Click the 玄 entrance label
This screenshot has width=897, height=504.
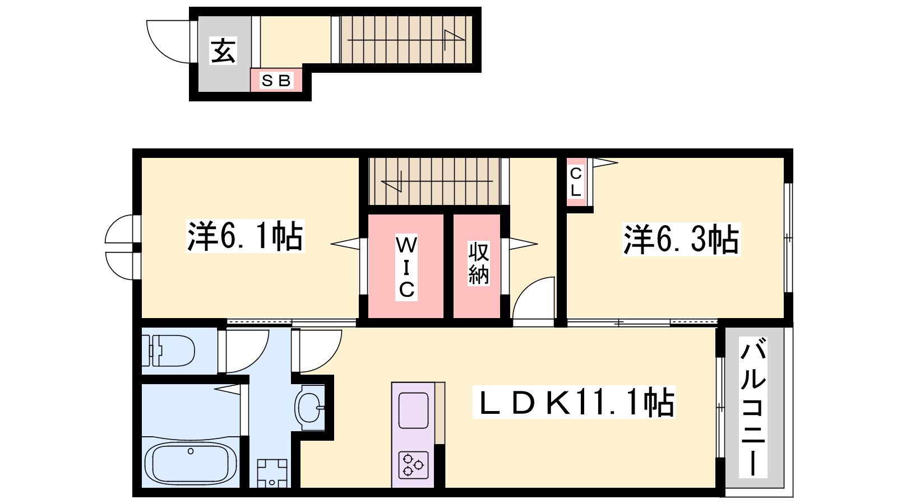(x=224, y=51)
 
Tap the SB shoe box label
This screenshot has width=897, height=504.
(x=276, y=81)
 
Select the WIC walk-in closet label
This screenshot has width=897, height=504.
(x=406, y=267)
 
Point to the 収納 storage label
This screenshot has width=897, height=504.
(x=479, y=263)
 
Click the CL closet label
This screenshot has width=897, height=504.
(x=576, y=182)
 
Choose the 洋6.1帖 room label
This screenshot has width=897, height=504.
(x=245, y=236)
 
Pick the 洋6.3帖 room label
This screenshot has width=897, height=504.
(x=681, y=239)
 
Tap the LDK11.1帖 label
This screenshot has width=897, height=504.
(x=574, y=402)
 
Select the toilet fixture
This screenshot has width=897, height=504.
(x=168, y=351)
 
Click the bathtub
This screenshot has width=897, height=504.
(x=191, y=465)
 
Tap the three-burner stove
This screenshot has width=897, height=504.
(x=414, y=465)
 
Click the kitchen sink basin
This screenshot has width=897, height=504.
(x=414, y=410)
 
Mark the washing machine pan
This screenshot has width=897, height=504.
(x=272, y=473)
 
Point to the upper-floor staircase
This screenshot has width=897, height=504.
(x=434, y=181)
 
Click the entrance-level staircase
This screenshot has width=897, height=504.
(x=406, y=40)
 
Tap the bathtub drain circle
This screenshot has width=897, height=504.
(x=191, y=451)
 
